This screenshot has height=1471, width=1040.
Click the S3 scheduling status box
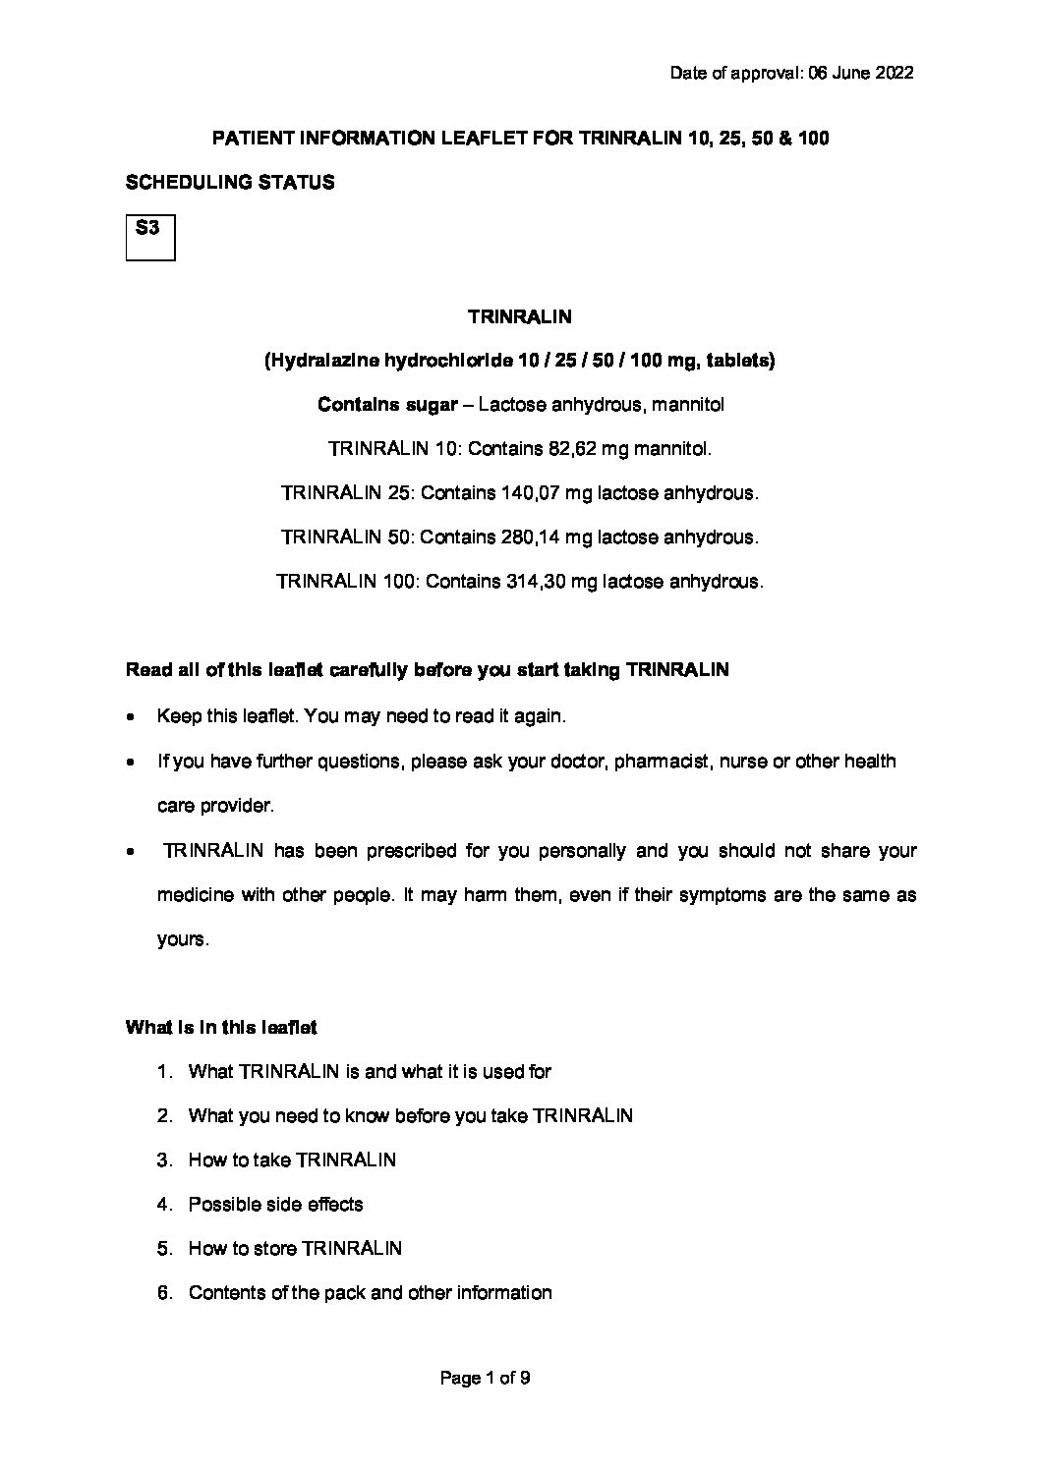coord(150,237)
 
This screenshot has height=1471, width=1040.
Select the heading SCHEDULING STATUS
coord(230,182)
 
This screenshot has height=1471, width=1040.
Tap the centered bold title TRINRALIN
coord(520,316)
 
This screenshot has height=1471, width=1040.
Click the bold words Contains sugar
coord(385,405)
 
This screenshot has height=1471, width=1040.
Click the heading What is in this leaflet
coord(221,1028)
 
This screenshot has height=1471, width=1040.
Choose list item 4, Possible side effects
coord(275,1204)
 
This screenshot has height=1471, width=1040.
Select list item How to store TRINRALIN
coord(295,1248)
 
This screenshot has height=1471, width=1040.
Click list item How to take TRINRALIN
coord(292,1160)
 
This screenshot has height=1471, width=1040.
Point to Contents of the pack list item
coord(370,1292)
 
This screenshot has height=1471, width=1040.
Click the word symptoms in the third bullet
coord(722,895)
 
